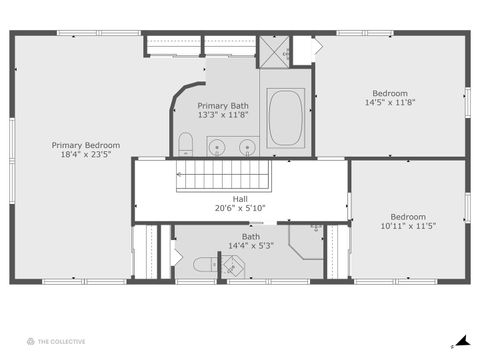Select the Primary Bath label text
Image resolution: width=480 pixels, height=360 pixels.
223,105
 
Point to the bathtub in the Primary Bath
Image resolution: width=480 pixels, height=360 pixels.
286,117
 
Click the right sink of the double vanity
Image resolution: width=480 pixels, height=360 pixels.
247,148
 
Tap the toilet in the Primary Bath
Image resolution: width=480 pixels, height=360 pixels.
186,144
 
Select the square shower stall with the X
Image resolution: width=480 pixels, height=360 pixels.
274,50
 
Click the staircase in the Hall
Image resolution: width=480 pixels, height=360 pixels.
225,177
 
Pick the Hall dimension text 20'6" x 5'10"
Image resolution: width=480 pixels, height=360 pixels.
240,208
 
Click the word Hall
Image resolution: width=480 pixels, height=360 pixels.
240,198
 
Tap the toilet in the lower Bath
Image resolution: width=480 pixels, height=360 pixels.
204,264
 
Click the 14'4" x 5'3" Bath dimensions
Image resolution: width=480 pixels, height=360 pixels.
250,246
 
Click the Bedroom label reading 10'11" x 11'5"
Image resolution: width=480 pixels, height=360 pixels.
407,221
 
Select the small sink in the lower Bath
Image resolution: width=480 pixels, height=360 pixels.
231,267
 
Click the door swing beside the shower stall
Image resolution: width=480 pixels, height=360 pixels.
314,47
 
